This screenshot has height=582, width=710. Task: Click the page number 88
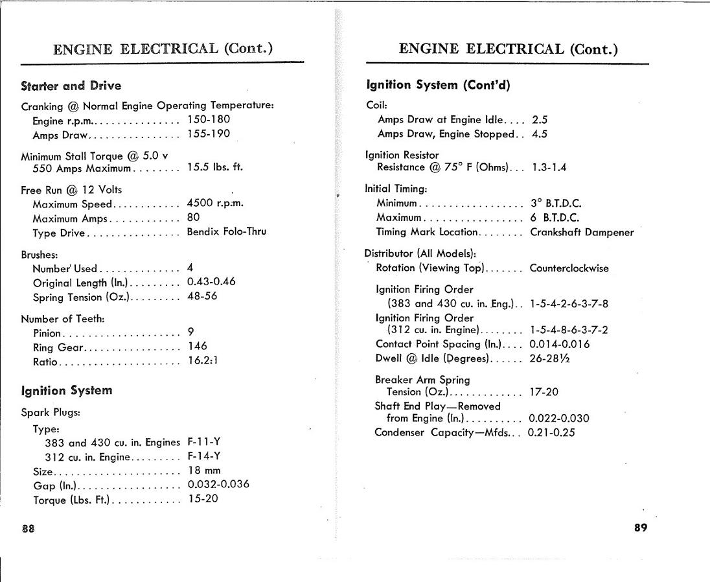point(28,528)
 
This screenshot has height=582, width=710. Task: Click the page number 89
point(640,527)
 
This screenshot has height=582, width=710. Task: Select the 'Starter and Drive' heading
point(71,86)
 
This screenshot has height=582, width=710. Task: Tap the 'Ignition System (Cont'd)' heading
point(438,85)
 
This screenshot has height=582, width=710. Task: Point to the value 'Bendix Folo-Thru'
point(226,231)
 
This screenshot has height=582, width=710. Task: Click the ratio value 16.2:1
point(202,361)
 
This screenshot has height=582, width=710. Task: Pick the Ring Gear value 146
point(197,347)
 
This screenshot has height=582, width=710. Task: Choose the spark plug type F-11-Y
point(203,442)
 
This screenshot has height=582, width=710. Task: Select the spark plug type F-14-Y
point(203,456)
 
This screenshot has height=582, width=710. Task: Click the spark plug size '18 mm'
point(203,471)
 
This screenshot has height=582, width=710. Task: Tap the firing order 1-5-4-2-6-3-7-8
point(568,303)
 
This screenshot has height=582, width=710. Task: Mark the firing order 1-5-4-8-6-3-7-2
point(568,331)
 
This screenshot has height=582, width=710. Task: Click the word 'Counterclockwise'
point(569,268)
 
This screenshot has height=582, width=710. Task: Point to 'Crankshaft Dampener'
point(582,231)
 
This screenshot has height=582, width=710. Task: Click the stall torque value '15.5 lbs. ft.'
point(215,167)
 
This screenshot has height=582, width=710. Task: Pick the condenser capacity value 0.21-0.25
point(551,432)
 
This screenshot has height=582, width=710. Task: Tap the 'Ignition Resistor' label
point(402,155)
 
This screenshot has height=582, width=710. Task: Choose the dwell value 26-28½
point(550,358)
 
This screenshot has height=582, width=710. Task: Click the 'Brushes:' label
point(38,255)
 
